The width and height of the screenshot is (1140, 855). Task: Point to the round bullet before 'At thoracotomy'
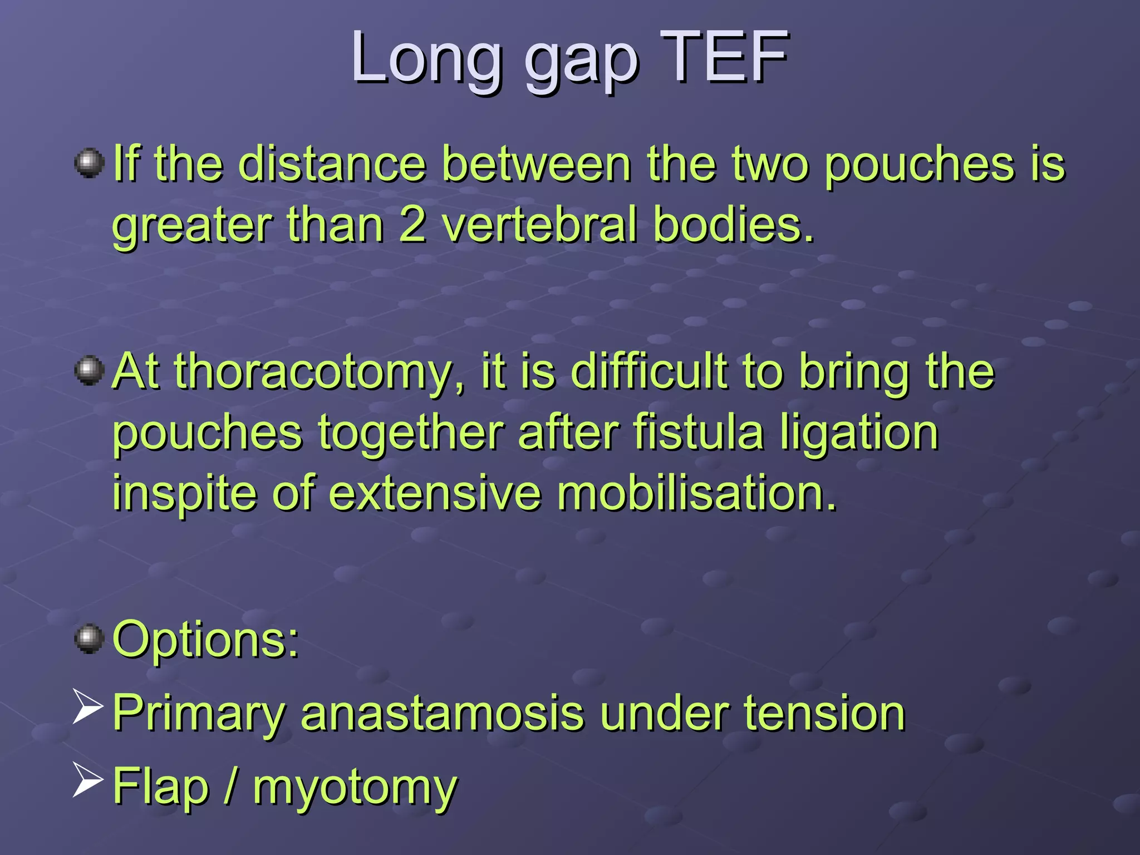tap(90, 371)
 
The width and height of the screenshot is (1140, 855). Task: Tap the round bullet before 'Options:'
tap(90, 638)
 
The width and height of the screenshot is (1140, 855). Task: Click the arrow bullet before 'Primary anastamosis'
tap(88, 707)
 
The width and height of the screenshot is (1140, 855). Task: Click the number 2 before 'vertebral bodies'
tap(412, 225)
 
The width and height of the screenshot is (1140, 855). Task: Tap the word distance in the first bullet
tap(332, 164)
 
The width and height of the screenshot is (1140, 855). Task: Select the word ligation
tap(859, 434)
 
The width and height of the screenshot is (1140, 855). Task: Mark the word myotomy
tap(355, 788)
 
